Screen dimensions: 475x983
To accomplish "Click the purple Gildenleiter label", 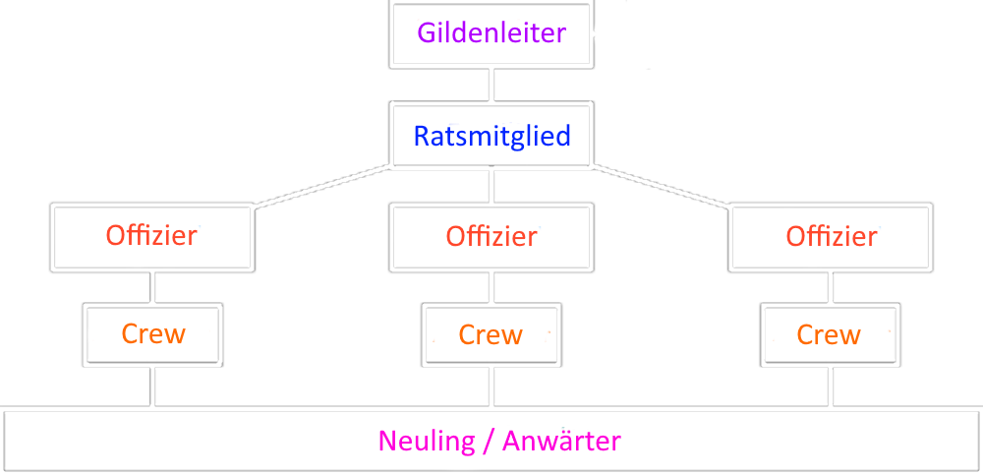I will coord(491,33).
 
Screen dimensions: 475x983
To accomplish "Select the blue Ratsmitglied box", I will coord(491,136).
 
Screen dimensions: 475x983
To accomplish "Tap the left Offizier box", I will coord(152,237).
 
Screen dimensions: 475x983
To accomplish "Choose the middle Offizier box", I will coord(491,237).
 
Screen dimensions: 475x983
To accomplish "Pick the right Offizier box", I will coord(831,237).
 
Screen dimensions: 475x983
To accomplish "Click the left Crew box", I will coord(152,334).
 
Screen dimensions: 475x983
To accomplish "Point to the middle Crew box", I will coord(491,334).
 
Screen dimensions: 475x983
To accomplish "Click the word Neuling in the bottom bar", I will coord(426,441).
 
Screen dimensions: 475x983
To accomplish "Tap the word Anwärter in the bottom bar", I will coord(561,441).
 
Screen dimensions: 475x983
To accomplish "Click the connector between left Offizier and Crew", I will coord(152,287).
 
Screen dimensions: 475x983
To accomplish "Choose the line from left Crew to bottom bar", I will coord(152,386).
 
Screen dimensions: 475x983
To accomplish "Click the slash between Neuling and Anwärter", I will coord(488,442).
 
